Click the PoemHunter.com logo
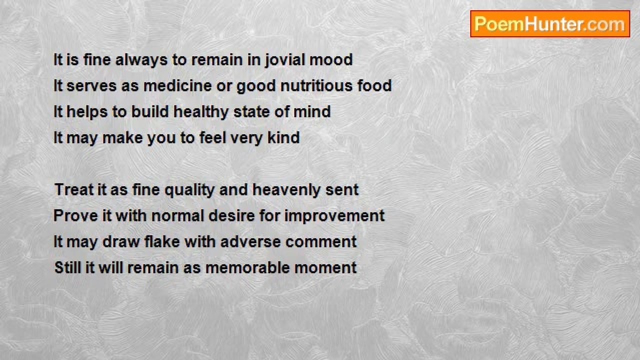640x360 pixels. click(550, 24)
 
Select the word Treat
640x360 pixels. click(74, 189)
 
